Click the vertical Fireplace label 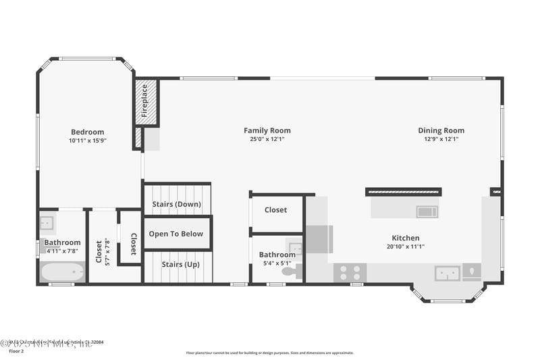pos(145,101)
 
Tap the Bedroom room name pos(88,132)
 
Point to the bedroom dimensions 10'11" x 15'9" pos(88,140)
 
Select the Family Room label pos(267,130)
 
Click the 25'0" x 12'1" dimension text pos(267,139)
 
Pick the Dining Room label pos(441,130)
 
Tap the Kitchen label pos(406,238)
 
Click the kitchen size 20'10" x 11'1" pos(406,247)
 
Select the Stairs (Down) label pos(177,204)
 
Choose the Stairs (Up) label pos(177,264)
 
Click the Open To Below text pos(176,234)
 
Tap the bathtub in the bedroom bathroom pos(62,272)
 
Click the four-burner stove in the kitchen pos(350,272)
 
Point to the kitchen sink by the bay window pos(447,273)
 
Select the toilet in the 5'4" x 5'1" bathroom pos(289,272)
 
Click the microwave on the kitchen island pos(427,211)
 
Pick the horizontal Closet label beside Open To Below pos(275,210)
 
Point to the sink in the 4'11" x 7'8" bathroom pos(47,223)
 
